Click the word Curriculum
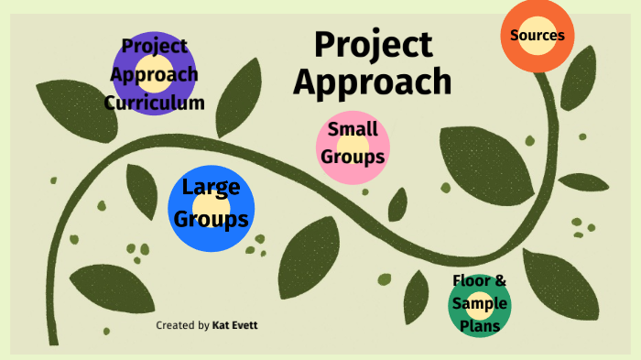154,103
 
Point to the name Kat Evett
235,326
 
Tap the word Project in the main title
373,44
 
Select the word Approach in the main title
373,82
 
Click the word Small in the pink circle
353,129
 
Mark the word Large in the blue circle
212,188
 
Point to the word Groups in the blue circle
212,219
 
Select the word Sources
538,36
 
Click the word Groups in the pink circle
353,157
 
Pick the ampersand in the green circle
500,281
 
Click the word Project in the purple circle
154,45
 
